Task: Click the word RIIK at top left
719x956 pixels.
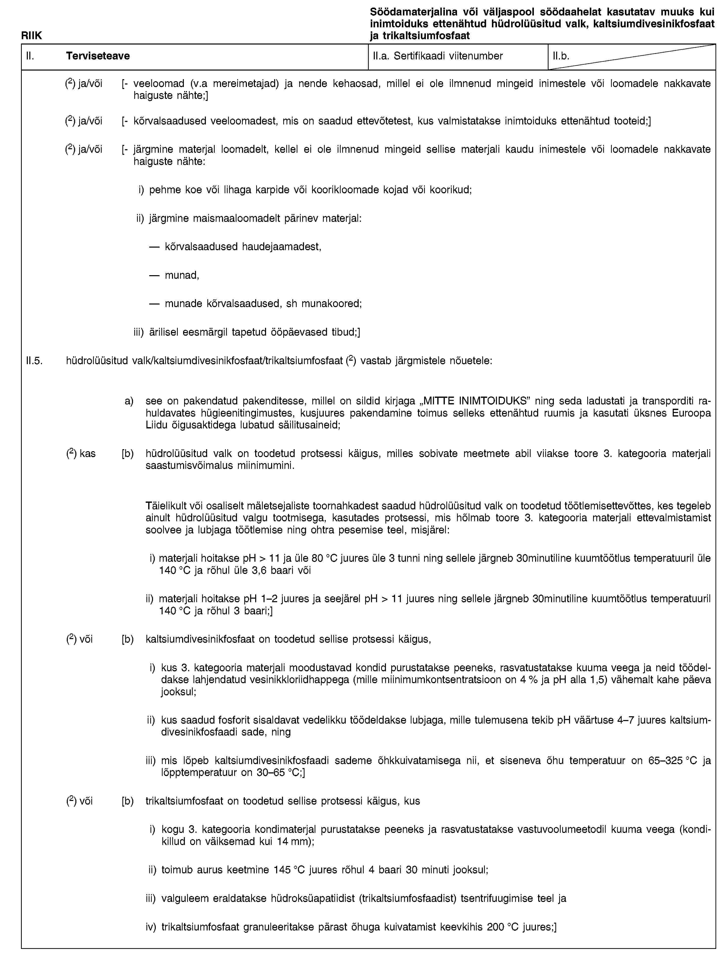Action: tap(32, 35)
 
